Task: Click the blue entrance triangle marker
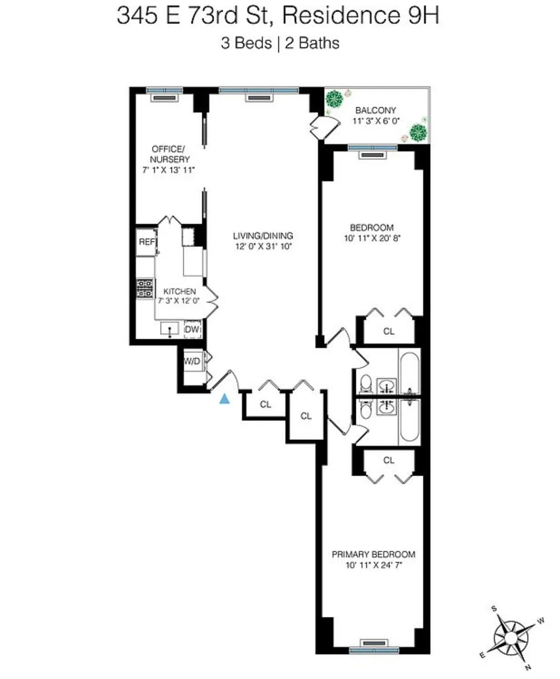(224, 399)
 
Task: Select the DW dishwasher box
(192, 330)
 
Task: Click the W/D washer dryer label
(192, 361)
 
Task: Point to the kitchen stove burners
(145, 288)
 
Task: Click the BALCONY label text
(376, 110)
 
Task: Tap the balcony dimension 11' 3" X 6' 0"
(376, 121)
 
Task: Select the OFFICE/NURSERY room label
(170, 154)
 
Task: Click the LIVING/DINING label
(263, 236)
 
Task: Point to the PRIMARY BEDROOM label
(373, 554)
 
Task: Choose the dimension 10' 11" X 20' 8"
(372, 238)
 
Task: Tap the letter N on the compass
(528, 667)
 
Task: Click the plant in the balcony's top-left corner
(334, 99)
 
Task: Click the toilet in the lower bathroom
(366, 409)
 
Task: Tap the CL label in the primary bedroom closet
(389, 460)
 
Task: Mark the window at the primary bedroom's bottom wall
(374, 649)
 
